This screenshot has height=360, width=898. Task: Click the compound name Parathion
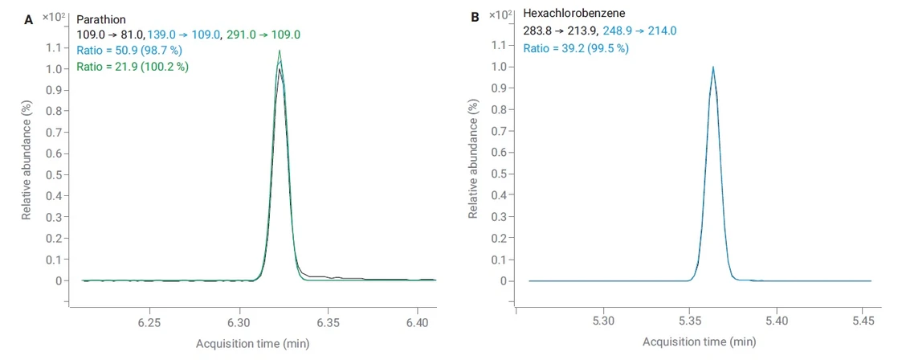click(x=101, y=19)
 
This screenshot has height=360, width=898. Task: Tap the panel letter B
click(x=475, y=16)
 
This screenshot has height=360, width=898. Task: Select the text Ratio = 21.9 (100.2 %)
click(x=133, y=67)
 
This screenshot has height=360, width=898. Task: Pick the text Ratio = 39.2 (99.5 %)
click(x=576, y=48)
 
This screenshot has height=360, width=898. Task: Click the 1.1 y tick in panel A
click(x=54, y=47)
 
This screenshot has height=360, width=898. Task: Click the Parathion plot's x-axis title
click(x=252, y=344)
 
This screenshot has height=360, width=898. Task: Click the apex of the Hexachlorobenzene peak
click(x=712, y=67)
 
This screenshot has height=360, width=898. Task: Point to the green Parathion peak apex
click(x=280, y=51)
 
